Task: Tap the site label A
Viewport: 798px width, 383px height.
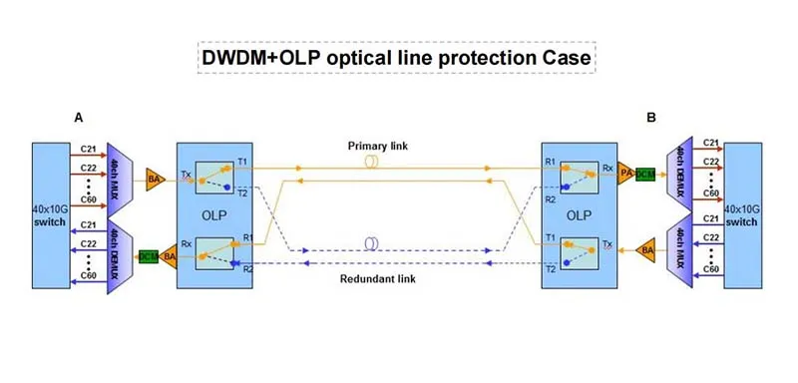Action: pyautogui.click(x=79, y=118)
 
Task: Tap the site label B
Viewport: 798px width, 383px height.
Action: pyautogui.click(x=650, y=118)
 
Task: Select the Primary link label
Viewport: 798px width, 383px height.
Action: pyautogui.click(x=378, y=147)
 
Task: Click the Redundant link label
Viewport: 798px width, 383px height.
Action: pyautogui.click(x=377, y=277)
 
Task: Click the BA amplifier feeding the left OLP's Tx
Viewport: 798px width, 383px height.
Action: pyautogui.click(x=155, y=179)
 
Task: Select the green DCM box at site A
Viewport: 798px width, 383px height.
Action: pyautogui.click(x=149, y=257)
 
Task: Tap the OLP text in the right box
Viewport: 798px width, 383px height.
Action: pyautogui.click(x=581, y=213)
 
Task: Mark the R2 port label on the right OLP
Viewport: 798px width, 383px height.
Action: pyautogui.click(x=550, y=199)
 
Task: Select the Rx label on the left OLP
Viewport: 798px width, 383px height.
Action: pyautogui.click(x=187, y=241)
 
